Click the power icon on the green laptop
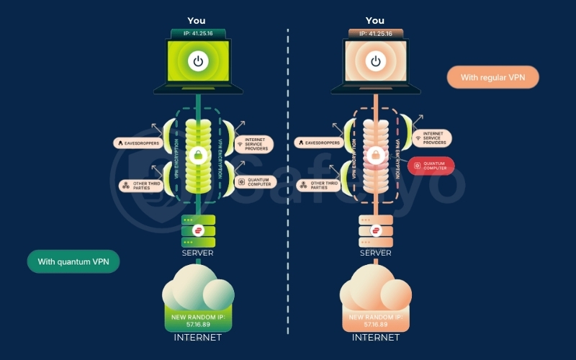coord(197,61)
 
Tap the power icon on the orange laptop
coord(375,61)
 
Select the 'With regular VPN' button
coord(492,77)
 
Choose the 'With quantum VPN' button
coord(73,261)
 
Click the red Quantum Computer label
coord(431,166)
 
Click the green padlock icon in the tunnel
coord(197,156)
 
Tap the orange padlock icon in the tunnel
coord(374,156)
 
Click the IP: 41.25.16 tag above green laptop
coord(197,33)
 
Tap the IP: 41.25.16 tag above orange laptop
coord(375,33)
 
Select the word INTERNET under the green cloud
coord(197,337)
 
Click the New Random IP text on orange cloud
coord(375,320)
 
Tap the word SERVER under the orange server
coord(375,253)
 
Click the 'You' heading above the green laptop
coord(197,21)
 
